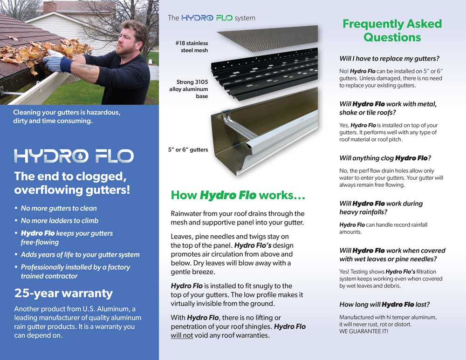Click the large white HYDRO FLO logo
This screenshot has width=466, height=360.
pos(74,156)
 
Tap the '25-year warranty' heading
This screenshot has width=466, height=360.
pos(63,293)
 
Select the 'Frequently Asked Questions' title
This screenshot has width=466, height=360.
pos(392,30)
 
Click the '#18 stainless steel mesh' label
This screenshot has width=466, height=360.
pos(191,47)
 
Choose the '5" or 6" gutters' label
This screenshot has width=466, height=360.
pos(188,149)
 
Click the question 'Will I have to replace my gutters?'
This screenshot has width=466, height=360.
pos(390,59)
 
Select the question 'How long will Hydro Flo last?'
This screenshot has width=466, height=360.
pos(384,305)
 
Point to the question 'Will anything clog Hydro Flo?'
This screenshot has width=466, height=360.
pos(385,158)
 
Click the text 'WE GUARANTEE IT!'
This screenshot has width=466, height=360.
pos(363,331)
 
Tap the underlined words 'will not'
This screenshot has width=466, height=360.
pos(182,335)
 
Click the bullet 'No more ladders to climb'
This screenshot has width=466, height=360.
pos(60,220)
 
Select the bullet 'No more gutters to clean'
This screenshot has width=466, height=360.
pos(59,208)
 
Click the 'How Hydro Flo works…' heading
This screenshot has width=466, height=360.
pos(238,195)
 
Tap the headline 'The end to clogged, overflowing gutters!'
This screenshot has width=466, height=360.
pos(72,183)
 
